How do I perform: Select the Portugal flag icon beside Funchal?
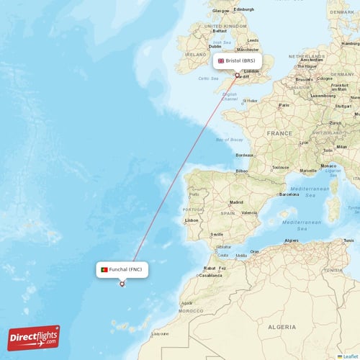tap(104, 269)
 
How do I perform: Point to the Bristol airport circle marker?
tap(238, 75)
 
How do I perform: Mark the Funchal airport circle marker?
tap(122, 284)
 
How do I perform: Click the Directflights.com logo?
tap(34, 337)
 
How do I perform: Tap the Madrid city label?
tap(235, 203)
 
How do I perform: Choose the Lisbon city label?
tap(191, 220)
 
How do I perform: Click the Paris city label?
tap(284, 105)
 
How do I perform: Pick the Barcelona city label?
tap(289, 194)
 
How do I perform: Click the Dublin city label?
tap(205, 46)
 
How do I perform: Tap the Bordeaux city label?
tap(244, 155)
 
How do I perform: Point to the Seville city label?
tap(216, 235)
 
